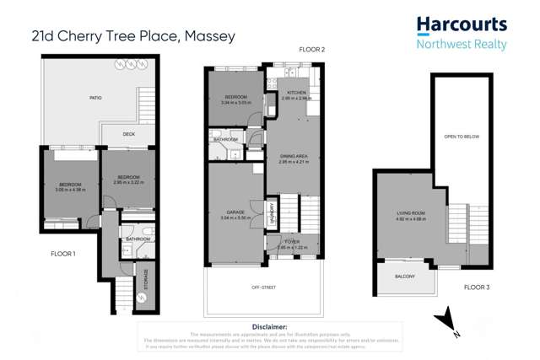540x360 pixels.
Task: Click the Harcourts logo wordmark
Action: (x=461, y=24)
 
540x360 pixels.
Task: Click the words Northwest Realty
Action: (x=461, y=44)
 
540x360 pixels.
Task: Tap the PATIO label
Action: (x=96, y=99)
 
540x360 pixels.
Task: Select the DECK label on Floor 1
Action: (x=128, y=134)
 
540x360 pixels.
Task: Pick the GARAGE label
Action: (x=235, y=212)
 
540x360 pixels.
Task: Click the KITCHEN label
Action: (x=297, y=92)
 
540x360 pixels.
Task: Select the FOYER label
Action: (x=292, y=243)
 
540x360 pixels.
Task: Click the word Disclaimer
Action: (x=270, y=325)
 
